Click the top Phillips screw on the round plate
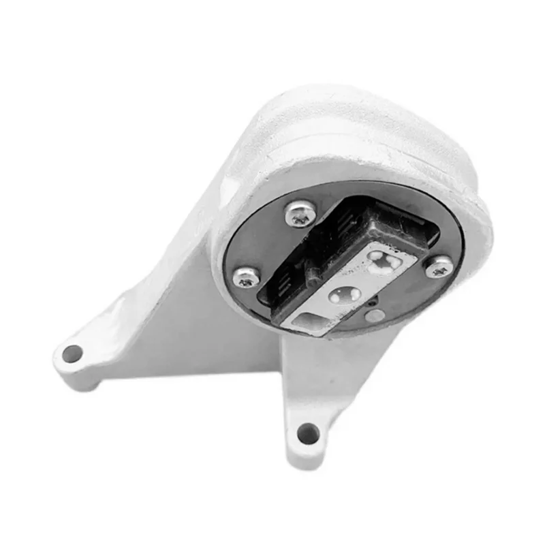(300, 214)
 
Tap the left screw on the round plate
(246, 277)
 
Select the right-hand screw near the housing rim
(439, 266)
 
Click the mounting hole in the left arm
(72, 354)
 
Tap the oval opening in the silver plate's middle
(345, 294)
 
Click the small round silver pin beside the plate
(373, 315)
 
